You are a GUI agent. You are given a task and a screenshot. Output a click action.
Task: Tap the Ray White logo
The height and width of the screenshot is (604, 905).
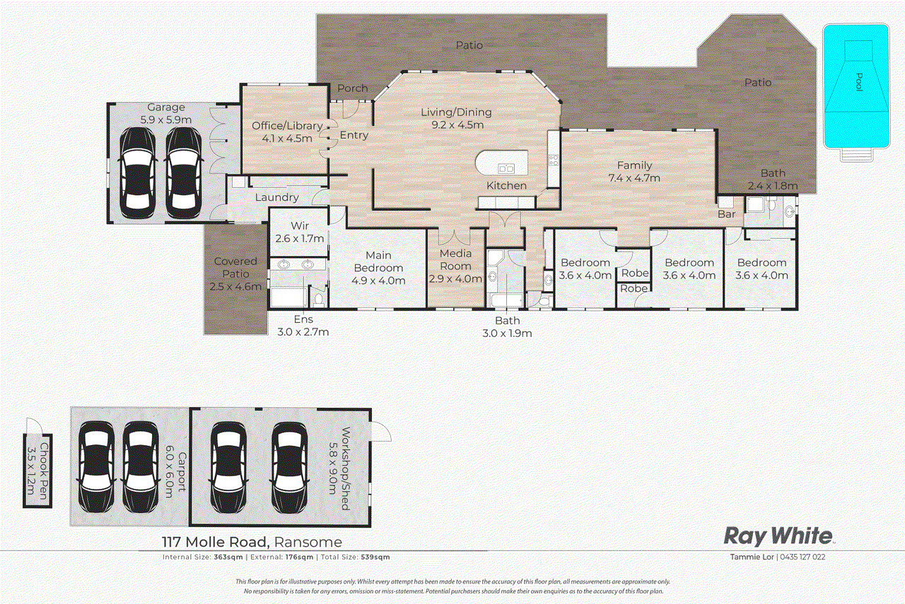(778, 536)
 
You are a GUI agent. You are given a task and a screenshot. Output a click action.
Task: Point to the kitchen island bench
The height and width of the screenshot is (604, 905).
(502, 163)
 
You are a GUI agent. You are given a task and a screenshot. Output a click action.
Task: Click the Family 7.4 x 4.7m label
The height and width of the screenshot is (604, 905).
(634, 172)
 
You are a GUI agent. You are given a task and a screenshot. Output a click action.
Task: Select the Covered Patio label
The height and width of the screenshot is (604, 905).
(235, 274)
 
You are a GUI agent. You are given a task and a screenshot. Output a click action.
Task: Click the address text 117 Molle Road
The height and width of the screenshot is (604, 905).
(212, 543)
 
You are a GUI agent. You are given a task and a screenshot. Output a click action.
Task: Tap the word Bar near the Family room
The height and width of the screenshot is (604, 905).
(727, 214)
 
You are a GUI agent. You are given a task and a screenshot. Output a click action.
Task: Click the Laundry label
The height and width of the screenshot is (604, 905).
(276, 198)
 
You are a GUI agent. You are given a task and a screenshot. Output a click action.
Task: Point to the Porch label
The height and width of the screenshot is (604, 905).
(352, 88)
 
